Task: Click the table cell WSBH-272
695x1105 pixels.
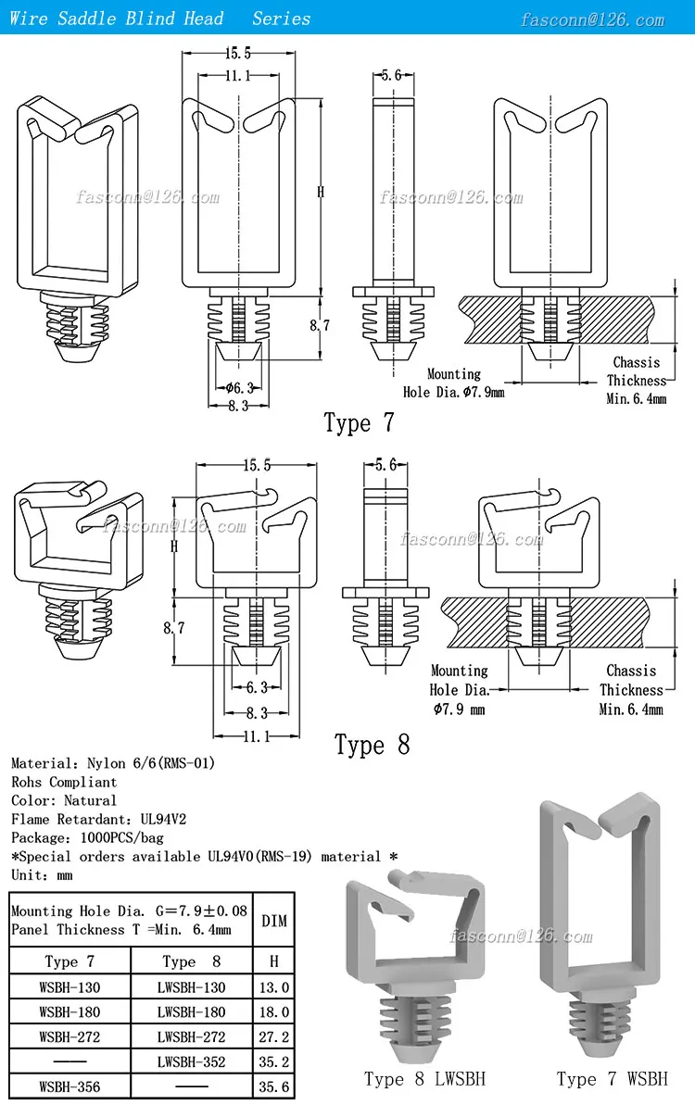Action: [x=69, y=1036]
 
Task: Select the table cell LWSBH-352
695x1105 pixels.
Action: [x=192, y=1061]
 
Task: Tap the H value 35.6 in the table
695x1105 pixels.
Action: [x=273, y=1086]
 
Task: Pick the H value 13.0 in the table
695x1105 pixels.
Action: [x=273, y=987]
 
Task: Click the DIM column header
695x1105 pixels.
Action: [x=273, y=921]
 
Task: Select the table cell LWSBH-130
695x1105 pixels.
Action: [x=192, y=987]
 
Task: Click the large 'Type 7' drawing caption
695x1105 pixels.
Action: [x=359, y=423]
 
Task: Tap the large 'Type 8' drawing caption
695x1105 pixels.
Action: [x=372, y=745]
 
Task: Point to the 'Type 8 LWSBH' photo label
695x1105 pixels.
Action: [x=424, y=1079]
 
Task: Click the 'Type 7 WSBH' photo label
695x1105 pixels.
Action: [x=612, y=1079]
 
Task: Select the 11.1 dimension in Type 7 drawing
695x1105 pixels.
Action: [x=236, y=76]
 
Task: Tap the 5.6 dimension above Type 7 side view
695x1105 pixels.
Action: [x=390, y=76]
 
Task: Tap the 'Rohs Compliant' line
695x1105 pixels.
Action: [x=64, y=782]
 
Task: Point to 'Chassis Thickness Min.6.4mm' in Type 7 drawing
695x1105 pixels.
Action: [x=637, y=381]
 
